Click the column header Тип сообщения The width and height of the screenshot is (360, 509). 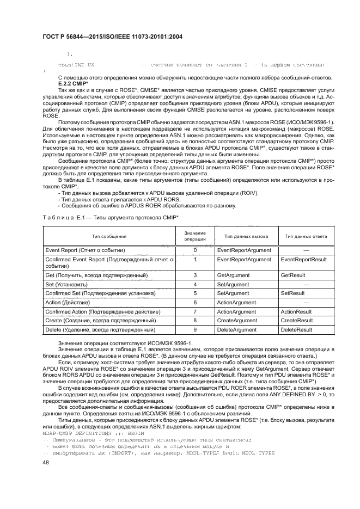point(109,236)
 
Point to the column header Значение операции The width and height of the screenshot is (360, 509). point(194,236)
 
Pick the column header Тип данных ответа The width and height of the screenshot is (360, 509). point(303,236)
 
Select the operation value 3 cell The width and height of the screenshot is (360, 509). point(194,276)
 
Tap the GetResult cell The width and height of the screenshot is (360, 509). point(293,276)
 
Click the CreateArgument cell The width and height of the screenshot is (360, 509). point(237,321)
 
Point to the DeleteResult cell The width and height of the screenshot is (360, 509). point(296,330)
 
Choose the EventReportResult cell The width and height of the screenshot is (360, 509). point(303,260)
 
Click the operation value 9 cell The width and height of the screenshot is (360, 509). point(194,330)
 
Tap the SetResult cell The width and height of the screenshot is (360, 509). point(292,293)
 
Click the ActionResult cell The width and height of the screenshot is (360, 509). point(296,312)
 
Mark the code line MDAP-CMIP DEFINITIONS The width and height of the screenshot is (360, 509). point(93,433)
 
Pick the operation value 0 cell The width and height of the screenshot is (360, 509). point(194,250)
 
